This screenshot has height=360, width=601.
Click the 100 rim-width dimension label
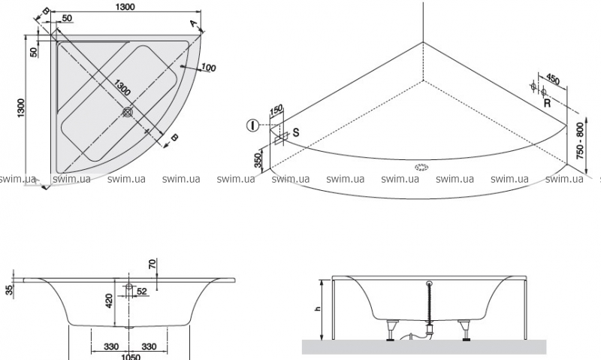point(209,68)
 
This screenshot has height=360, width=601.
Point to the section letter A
point(194,24)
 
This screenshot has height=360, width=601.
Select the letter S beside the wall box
point(296,132)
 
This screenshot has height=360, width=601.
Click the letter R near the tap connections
point(547,104)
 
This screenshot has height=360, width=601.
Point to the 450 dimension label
point(552,80)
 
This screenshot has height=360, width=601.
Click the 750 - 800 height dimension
point(578,141)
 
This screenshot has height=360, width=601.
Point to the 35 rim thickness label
point(8,290)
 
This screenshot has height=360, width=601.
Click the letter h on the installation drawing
point(317,308)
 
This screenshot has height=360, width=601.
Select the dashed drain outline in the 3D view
point(419,167)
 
